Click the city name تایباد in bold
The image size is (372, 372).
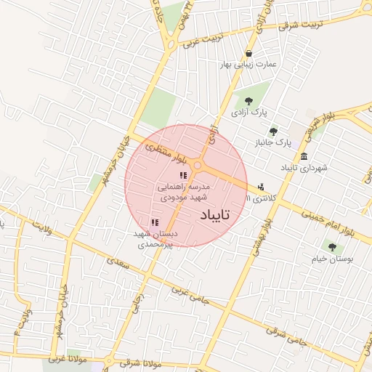(214, 214)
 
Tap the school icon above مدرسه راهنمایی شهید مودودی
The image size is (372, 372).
(183, 176)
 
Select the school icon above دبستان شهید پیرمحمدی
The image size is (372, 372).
(155, 222)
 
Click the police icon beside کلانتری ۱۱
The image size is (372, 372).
(261, 187)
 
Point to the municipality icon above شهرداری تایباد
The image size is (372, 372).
(304, 157)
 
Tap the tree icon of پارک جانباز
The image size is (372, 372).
(273, 132)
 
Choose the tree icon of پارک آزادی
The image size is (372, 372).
(249, 101)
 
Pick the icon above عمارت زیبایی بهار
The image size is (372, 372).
(249, 53)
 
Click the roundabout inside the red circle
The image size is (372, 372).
(198, 166)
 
